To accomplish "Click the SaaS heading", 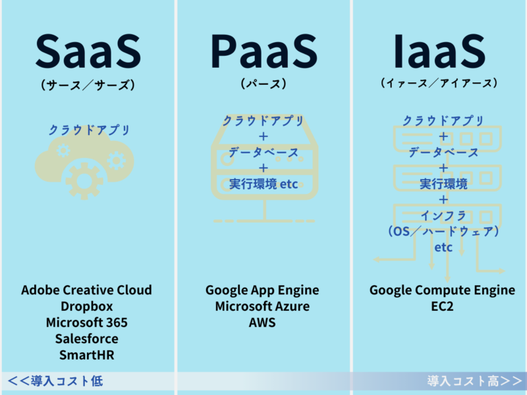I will click(x=88, y=51).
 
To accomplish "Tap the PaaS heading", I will click(x=263, y=51).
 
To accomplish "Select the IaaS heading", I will click(x=439, y=51).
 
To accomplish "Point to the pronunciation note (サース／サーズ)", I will click(x=88, y=85).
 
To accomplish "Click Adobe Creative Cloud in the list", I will click(x=86, y=290).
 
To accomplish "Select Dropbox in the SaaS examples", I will click(x=86, y=307).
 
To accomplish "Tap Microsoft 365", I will click(x=86, y=323).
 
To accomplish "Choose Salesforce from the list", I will click(x=86, y=339).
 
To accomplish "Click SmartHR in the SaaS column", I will click(x=86, y=355).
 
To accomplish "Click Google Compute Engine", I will click(x=443, y=290).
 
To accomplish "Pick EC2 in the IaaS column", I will click(x=443, y=307).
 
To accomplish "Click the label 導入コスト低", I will click(x=55, y=381).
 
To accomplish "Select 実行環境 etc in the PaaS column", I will click(x=263, y=184).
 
